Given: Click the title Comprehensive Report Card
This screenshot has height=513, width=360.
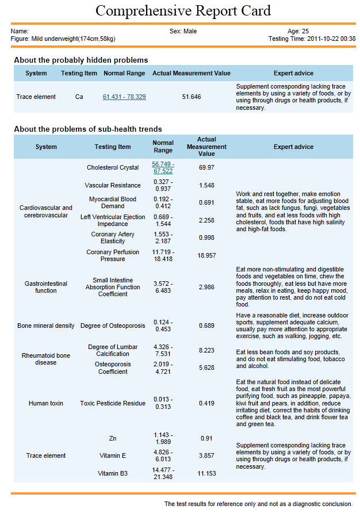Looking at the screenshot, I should [183, 10].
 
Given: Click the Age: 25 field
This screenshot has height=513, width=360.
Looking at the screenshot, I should [298, 31].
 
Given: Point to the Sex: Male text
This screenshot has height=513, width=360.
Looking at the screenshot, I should [183, 31].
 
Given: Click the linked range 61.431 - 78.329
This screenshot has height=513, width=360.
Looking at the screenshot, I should [124, 97].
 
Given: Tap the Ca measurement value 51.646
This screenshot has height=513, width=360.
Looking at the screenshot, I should [192, 97].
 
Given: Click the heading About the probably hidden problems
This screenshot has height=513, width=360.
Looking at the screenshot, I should [81, 60].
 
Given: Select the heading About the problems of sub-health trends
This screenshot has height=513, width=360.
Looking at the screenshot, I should [88, 129].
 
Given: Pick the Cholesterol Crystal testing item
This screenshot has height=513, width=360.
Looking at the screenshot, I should [113, 167].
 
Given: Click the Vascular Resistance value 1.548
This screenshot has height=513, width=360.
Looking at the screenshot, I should [206, 185].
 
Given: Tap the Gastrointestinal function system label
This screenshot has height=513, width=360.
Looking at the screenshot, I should [46, 287].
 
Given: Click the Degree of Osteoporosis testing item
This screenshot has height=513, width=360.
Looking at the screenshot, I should [113, 326].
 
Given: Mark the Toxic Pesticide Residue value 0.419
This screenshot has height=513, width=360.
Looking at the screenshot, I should [206, 403].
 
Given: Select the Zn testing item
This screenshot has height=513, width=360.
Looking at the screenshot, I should [113, 438].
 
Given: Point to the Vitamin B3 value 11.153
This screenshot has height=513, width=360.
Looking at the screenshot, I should [206, 473].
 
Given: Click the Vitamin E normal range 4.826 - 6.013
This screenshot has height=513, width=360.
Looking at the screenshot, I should [163, 455].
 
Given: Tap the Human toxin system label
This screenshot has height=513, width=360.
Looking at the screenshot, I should [46, 403].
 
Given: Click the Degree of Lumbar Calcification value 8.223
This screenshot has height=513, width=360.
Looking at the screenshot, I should [206, 350].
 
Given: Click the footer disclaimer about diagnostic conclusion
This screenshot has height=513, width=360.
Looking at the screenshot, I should [258, 504].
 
